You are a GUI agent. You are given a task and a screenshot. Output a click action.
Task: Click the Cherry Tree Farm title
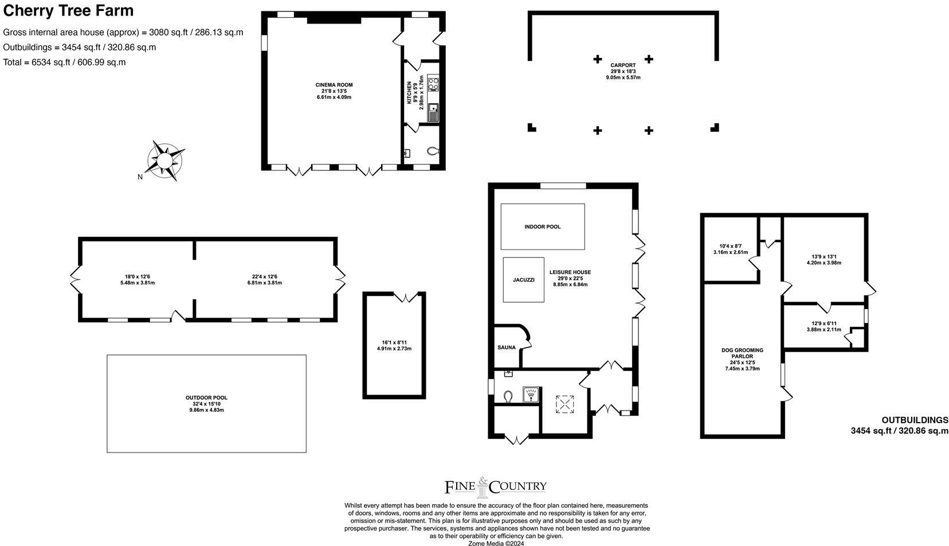pyautogui.click(x=68, y=10)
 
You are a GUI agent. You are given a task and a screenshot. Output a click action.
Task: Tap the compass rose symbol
pyautogui.click(x=165, y=160)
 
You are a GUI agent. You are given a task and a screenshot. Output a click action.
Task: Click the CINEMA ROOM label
pyautogui.click(x=334, y=85)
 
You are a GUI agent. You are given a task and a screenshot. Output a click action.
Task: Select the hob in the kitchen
pyautogui.click(x=433, y=83)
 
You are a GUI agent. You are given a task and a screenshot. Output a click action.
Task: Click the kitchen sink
pyautogui.click(x=433, y=112)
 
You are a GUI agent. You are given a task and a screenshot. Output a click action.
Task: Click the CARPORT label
pyautogui.click(x=623, y=65)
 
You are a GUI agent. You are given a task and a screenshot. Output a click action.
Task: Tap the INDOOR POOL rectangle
pyautogui.click(x=543, y=227)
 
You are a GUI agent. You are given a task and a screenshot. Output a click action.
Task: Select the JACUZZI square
pyautogui.click(x=524, y=280)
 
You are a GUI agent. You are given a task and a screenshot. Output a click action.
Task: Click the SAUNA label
pyautogui.click(x=506, y=348)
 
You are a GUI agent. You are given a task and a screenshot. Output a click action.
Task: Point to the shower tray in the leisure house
pyautogui.click(x=531, y=395)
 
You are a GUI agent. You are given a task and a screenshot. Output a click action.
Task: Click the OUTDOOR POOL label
pyautogui.click(x=206, y=397)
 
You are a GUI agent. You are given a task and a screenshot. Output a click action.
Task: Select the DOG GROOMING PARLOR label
pyautogui.click(x=742, y=353)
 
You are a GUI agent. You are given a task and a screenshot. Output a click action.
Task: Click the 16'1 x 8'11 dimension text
pyautogui.click(x=394, y=342)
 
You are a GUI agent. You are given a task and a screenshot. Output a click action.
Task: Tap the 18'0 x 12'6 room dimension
pyautogui.click(x=138, y=277)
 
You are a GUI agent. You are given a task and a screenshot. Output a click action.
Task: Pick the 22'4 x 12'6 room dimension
pyautogui.click(x=264, y=277)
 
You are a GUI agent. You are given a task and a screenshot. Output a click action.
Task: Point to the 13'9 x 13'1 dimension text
pyautogui.click(x=823, y=256)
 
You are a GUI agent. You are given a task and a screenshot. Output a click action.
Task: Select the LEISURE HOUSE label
pyautogui.click(x=570, y=272)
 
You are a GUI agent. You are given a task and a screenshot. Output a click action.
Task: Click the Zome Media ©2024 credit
pyautogui.click(x=496, y=543)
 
